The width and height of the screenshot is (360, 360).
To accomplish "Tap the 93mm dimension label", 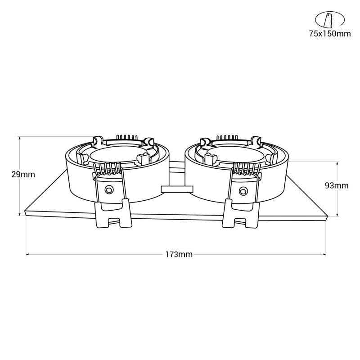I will (x=337, y=185).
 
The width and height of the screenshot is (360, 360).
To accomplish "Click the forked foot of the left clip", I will (x=112, y=215).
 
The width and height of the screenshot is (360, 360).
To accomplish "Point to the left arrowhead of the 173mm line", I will (x=28, y=255).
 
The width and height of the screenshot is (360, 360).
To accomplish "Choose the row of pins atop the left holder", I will (x=126, y=137).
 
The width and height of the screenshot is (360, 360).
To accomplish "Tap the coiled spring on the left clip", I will (x=108, y=169).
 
